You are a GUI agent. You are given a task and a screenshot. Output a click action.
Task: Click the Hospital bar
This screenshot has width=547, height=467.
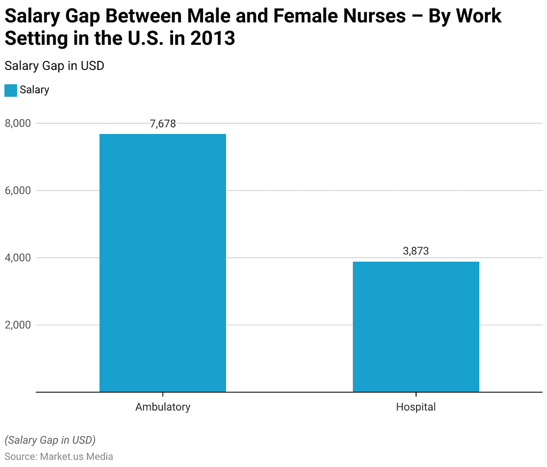click(416, 326)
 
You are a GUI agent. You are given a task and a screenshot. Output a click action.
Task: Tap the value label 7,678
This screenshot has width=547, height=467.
click(162, 124)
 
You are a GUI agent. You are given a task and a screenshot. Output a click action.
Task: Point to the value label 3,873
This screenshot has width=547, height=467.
click(416, 251)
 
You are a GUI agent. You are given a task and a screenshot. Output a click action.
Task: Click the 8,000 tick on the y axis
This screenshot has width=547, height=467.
click(18, 123)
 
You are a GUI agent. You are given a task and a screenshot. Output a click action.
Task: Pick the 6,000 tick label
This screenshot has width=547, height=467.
click(18, 191)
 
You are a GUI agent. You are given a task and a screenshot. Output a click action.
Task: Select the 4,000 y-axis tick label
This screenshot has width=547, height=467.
click(18, 258)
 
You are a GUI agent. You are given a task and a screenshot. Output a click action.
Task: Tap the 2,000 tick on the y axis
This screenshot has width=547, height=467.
click(18, 325)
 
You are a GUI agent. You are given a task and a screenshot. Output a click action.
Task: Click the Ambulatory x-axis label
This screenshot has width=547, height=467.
click(162, 407)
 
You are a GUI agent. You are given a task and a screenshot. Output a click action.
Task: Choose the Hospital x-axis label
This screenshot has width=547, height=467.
click(416, 407)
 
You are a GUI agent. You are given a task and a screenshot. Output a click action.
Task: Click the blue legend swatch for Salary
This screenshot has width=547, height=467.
click(11, 90)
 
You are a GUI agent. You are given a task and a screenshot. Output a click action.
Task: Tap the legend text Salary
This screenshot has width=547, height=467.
click(34, 90)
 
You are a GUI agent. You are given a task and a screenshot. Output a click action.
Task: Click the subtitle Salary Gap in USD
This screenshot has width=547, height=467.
click(54, 66)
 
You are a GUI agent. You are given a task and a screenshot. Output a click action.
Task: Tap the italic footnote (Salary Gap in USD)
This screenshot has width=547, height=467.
click(50, 440)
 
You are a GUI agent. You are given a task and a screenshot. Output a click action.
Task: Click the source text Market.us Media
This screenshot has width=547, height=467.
click(76, 456)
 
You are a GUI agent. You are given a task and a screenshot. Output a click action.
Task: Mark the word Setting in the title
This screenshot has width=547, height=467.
click(35, 38)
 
